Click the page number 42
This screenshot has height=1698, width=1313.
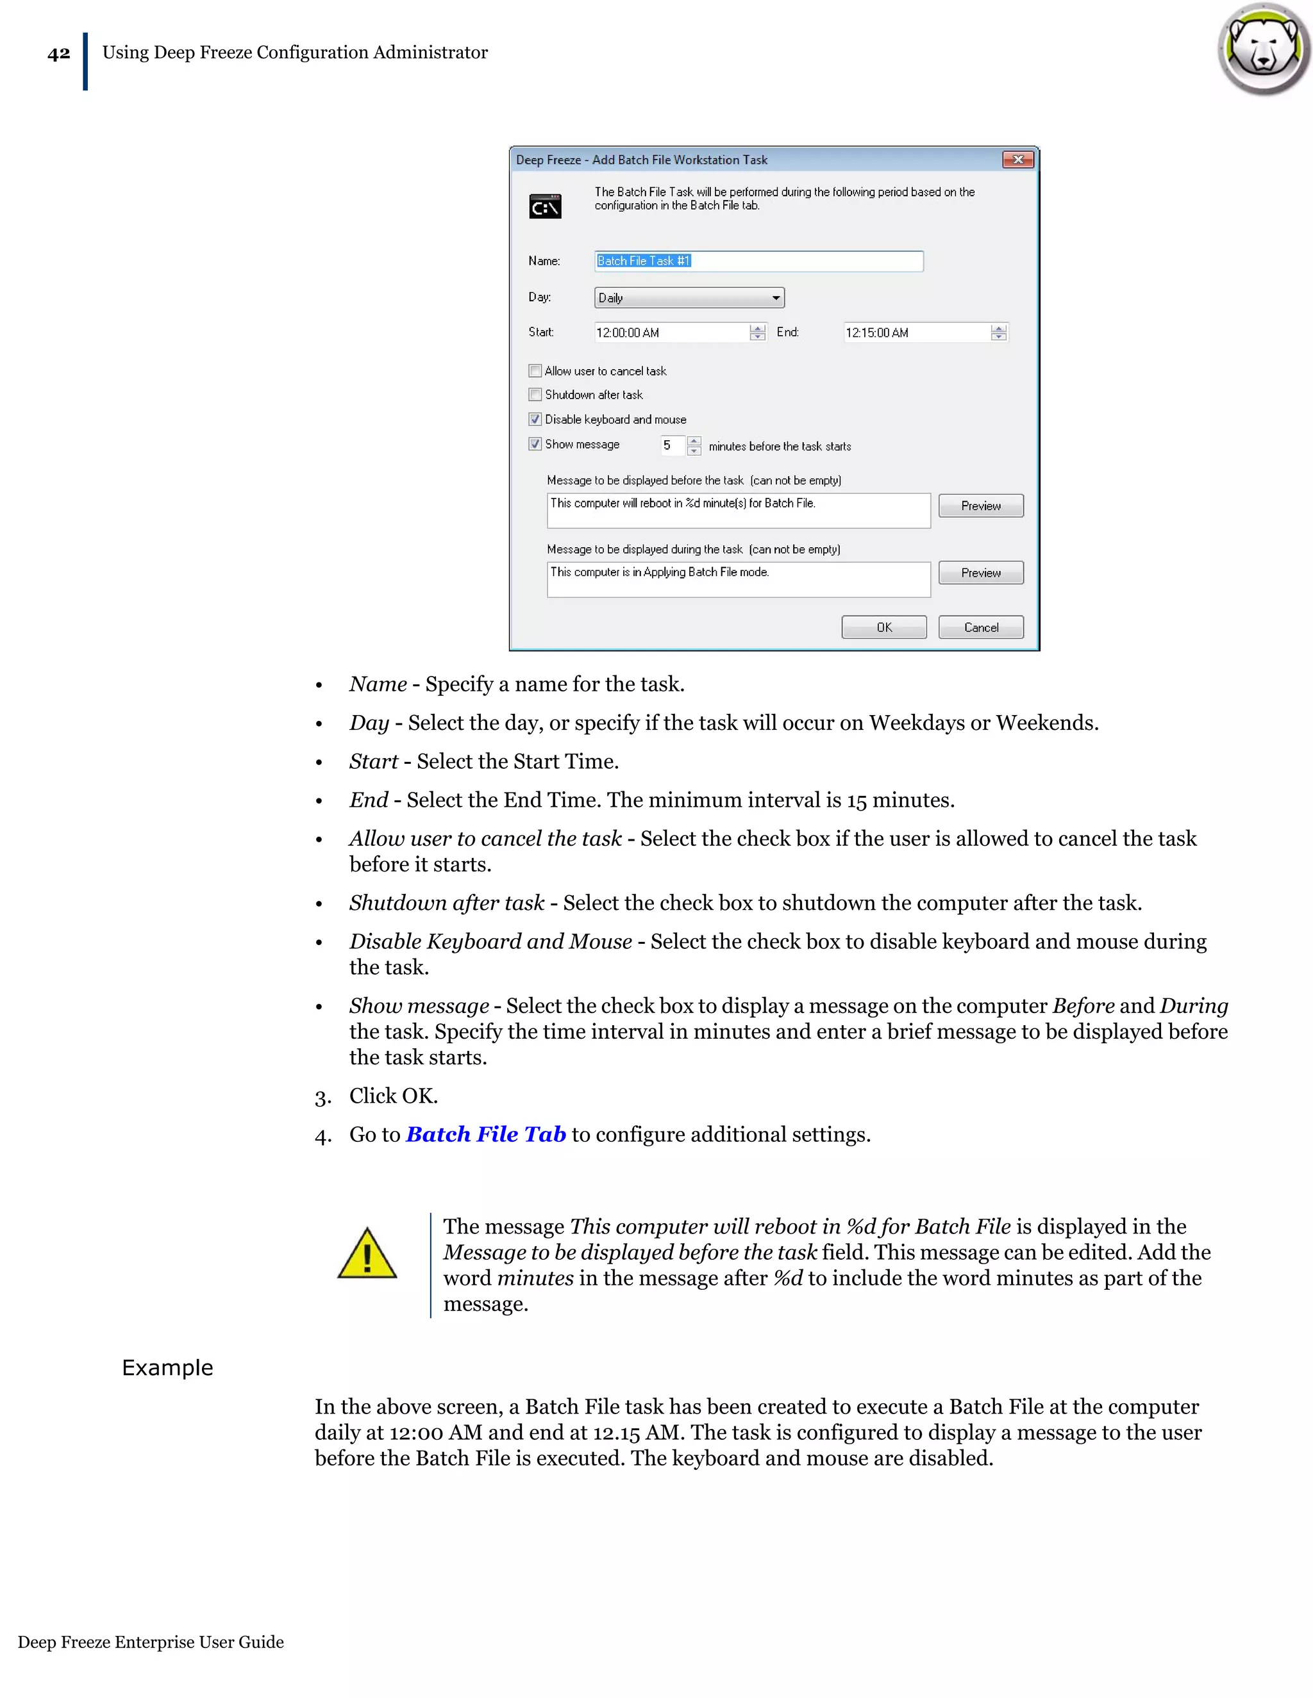(x=58, y=54)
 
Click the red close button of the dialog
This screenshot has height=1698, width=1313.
(x=1017, y=160)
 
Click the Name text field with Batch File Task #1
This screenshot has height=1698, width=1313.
(x=758, y=261)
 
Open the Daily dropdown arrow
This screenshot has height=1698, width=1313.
(x=776, y=298)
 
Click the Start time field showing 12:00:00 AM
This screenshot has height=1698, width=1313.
(x=671, y=333)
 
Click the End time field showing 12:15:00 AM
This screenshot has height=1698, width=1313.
(x=916, y=333)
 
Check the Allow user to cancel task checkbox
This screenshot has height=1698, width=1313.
(x=535, y=371)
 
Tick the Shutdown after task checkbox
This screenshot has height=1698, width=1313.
(x=535, y=394)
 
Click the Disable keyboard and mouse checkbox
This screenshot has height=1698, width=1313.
(x=535, y=419)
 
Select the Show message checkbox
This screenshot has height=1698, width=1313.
(x=535, y=444)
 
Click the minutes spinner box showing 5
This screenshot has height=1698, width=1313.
(x=672, y=445)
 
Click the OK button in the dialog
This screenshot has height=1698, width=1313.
(x=883, y=627)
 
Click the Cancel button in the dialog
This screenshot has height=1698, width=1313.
(x=980, y=627)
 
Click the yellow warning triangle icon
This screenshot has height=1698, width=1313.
(x=367, y=1254)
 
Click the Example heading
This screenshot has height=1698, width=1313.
(x=167, y=1367)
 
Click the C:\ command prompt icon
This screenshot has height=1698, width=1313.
(x=546, y=207)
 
